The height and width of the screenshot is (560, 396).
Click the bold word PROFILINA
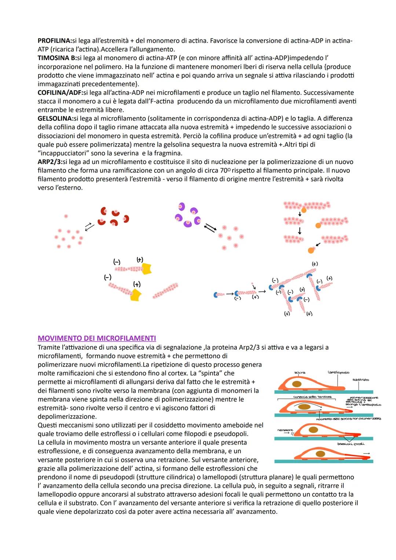55,41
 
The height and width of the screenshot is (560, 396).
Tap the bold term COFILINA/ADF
60,93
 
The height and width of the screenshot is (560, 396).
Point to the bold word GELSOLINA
55,118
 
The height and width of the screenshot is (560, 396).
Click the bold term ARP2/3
49,162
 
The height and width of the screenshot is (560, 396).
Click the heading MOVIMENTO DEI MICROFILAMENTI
97,338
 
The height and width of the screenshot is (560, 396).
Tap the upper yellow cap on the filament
147,269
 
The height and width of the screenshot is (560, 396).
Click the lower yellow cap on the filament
136,295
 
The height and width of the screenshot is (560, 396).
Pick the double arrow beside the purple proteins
210,228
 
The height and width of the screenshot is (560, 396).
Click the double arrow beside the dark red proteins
89,227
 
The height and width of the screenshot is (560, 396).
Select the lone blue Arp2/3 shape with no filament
218,294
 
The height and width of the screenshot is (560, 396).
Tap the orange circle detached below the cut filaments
311,250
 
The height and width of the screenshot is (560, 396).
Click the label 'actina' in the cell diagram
300,373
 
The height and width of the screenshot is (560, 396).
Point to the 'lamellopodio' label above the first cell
338,372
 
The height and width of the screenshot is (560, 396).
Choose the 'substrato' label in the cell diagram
360,380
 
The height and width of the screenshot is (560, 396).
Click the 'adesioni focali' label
351,444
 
